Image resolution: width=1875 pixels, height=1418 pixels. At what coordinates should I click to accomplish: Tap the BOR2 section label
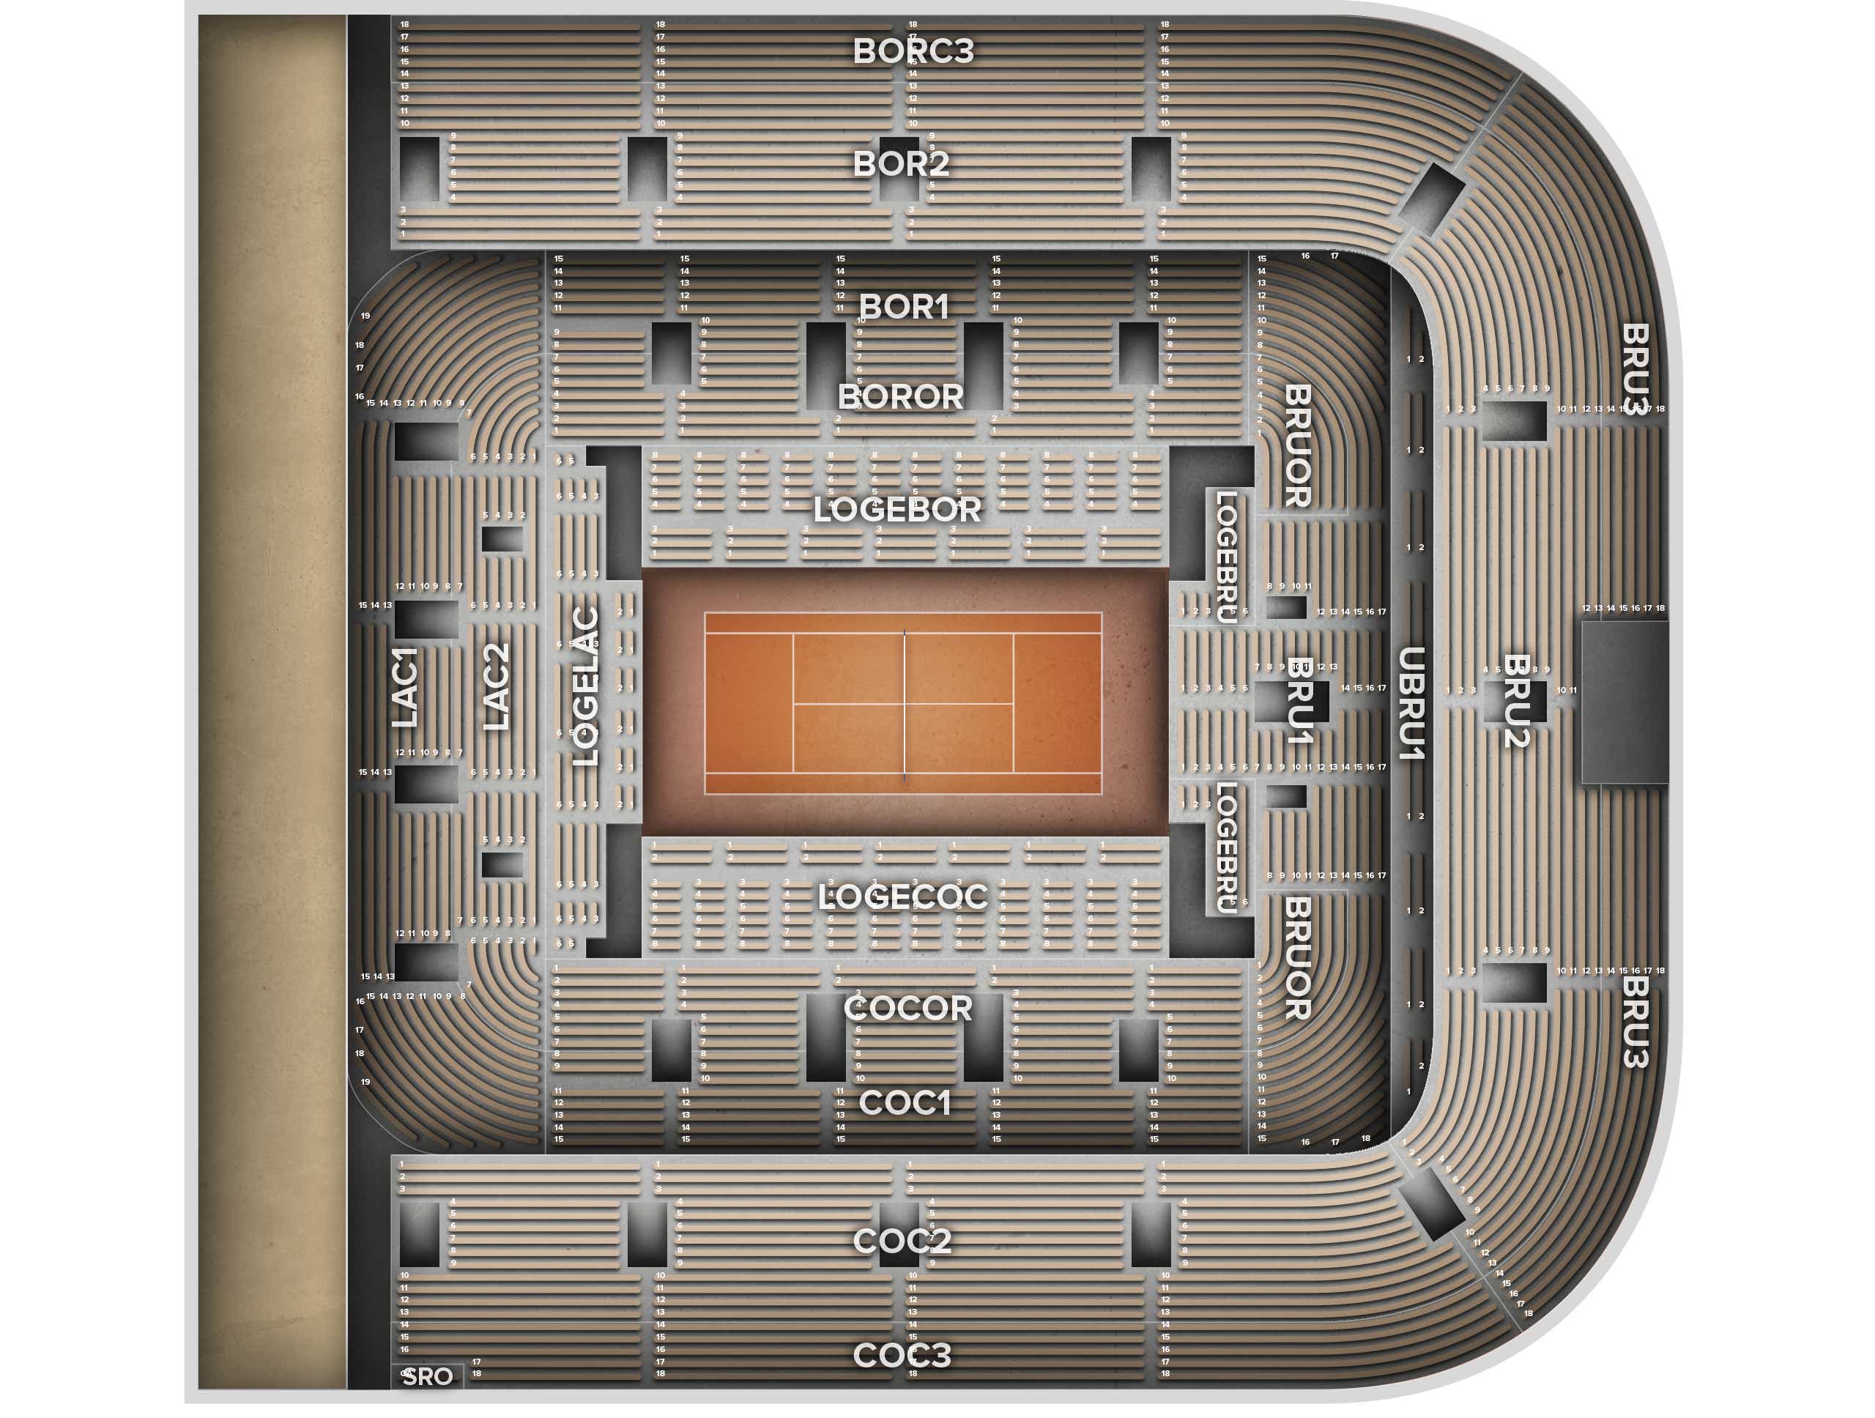(900, 163)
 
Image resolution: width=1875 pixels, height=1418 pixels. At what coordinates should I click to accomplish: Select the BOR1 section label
(904, 307)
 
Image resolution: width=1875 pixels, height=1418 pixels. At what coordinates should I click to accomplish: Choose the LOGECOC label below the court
(903, 897)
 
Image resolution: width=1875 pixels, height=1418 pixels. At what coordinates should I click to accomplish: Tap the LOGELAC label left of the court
(587, 686)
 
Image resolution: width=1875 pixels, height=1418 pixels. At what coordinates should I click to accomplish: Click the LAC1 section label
(405, 687)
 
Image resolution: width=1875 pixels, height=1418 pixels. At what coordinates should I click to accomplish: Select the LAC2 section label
(497, 686)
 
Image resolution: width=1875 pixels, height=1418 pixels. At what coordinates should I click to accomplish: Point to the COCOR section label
(907, 1009)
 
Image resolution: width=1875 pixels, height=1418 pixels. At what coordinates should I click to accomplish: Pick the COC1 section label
(905, 1103)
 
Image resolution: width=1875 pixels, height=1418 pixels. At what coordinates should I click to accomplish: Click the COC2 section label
(902, 1241)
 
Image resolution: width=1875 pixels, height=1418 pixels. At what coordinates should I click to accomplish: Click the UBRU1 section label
(1411, 703)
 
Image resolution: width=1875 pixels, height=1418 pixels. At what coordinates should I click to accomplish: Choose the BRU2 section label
(1515, 701)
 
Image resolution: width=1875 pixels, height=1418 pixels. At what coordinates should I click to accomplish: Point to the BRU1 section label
(1299, 701)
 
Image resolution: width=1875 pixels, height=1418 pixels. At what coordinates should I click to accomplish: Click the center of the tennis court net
(905, 703)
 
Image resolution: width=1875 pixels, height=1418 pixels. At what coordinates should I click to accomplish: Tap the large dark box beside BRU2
(1624, 702)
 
